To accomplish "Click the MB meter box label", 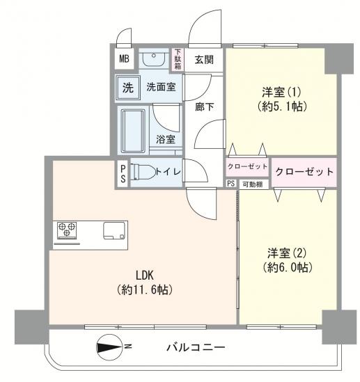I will [124, 58].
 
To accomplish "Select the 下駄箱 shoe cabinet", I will [178, 59].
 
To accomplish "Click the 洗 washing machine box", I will [127, 88].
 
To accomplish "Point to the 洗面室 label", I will [161, 88].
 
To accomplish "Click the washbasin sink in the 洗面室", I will [152, 60].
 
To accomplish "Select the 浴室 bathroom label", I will [166, 139].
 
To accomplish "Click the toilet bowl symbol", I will [143, 171].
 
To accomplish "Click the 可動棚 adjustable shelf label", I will [252, 184].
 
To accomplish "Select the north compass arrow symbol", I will [110, 345].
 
